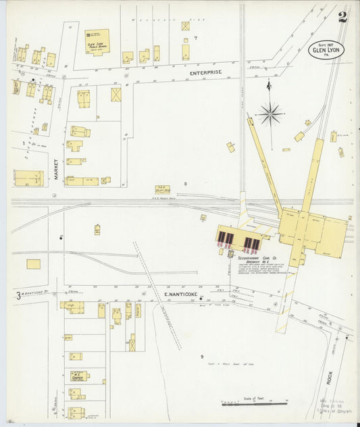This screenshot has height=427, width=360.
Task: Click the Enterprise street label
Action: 205,72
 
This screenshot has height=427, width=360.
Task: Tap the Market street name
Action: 57,169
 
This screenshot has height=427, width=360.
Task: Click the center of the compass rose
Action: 270,113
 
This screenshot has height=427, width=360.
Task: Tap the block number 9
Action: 201,357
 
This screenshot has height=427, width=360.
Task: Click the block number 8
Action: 185,184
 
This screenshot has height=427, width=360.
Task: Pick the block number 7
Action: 195,38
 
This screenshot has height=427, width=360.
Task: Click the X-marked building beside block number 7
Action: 186,26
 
